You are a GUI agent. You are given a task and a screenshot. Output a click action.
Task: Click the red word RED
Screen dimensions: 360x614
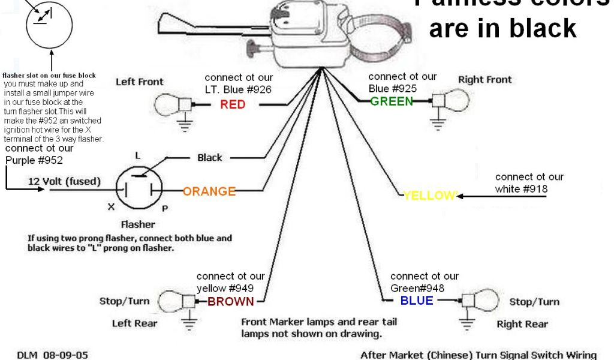click(233, 105)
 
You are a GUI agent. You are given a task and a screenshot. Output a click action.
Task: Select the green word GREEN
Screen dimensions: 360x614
click(392, 101)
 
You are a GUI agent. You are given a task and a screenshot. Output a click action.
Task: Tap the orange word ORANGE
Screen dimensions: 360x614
click(209, 191)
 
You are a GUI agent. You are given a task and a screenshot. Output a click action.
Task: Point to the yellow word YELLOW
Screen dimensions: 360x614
click(430, 196)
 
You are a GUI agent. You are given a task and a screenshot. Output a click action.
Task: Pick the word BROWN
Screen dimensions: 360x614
click(231, 302)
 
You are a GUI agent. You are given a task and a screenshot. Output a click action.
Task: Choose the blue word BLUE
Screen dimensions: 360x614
click(417, 301)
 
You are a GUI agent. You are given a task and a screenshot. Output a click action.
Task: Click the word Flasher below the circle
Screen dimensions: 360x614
click(138, 224)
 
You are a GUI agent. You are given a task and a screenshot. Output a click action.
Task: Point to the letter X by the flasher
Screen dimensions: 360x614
click(110, 207)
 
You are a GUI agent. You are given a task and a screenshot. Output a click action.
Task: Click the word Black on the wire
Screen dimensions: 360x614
click(210, 158)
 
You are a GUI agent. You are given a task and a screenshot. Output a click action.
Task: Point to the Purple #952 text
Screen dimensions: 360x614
click(34, 160)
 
